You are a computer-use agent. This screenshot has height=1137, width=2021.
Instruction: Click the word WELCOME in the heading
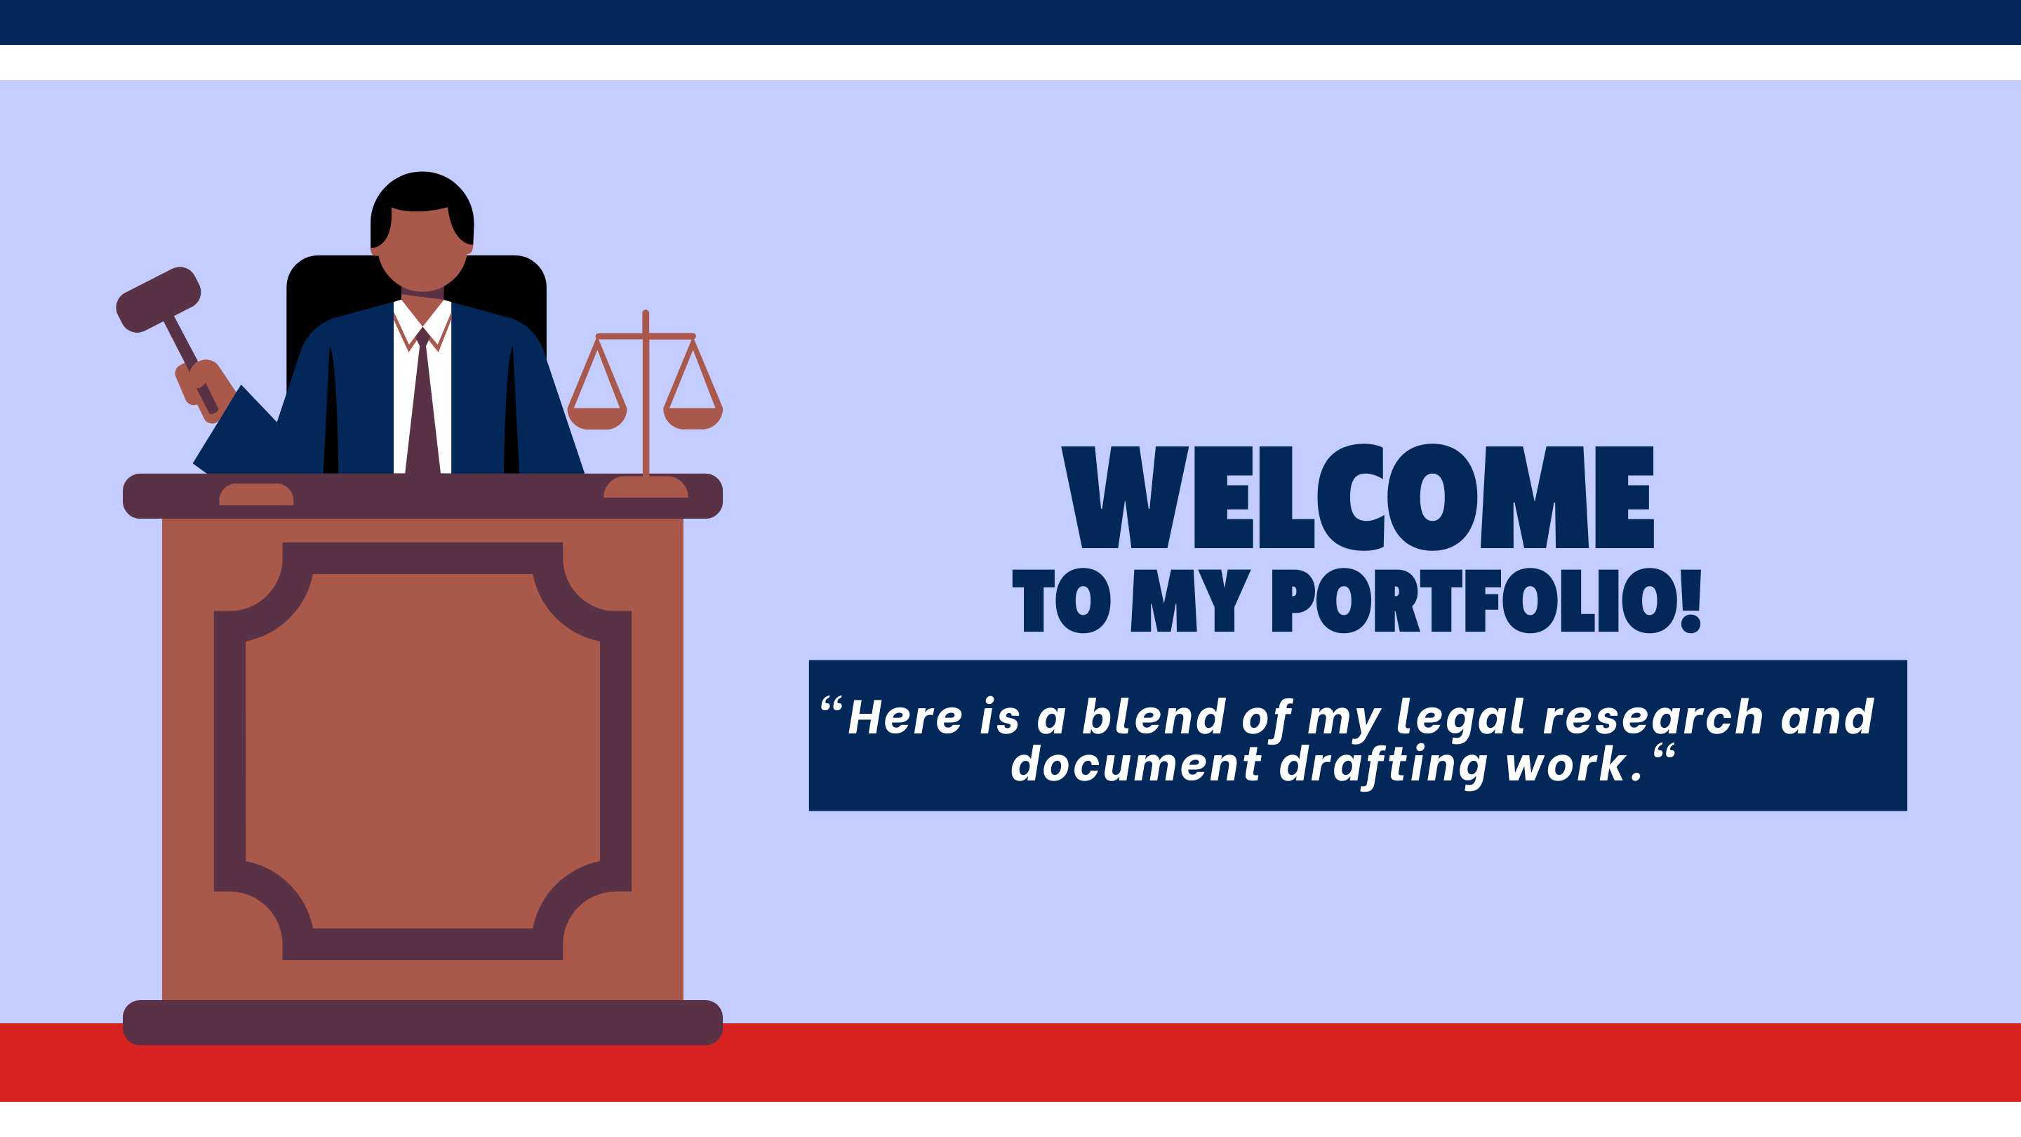1357,497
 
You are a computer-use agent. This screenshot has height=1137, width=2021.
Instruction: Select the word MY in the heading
1190,600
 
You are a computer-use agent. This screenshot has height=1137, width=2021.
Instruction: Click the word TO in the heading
1062,600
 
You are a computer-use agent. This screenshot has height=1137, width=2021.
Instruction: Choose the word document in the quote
1135,764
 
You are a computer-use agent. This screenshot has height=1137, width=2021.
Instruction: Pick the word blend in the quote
1153,716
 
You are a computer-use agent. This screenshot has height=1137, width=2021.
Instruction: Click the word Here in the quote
905,717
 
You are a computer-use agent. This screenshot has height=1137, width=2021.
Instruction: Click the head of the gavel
159,299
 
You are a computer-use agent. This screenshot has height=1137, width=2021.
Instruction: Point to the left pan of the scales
598,418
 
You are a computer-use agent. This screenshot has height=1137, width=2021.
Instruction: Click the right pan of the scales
693,418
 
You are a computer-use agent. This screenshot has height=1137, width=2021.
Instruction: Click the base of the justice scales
646,486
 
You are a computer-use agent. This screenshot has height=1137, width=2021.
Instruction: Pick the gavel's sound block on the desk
255,494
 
